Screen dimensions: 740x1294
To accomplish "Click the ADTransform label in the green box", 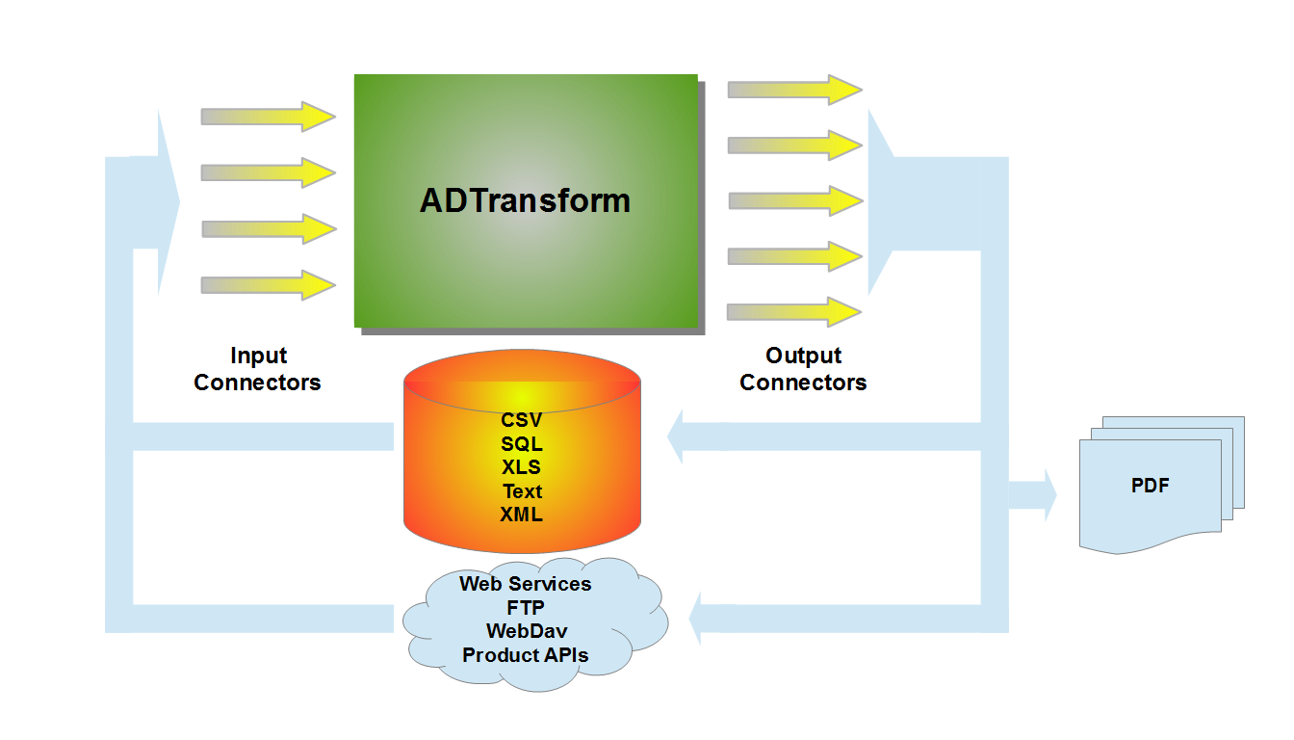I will [x=526, y=200].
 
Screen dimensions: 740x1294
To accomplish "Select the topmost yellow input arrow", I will [x=268, y=117].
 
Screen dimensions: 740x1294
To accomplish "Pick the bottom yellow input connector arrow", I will [x=268, y=285].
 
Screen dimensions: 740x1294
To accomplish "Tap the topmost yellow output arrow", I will [x=794, y=89].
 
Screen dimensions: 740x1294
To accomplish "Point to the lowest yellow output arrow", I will [x=794, y=312].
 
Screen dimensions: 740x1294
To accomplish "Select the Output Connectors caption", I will [x=803, y=369].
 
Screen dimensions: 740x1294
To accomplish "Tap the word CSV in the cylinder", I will [x=522, y=420].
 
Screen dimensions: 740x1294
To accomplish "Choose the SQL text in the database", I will [x=522, y=444].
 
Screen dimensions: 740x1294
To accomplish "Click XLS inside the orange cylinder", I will [x=522, y=467].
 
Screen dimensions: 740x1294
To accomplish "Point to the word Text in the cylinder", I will [x=522, y=491].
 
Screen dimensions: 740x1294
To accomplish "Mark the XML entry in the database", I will [x=522, y=515].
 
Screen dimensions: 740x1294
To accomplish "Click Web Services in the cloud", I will [x=526, y=584].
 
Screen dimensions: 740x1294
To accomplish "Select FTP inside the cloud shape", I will [x=526, y=608].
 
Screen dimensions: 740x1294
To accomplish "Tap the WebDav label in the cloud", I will [x=526, y=631].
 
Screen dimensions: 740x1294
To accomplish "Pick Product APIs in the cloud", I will [x=526, y=655].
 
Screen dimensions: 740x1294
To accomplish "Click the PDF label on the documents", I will [x=1151, y=486].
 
